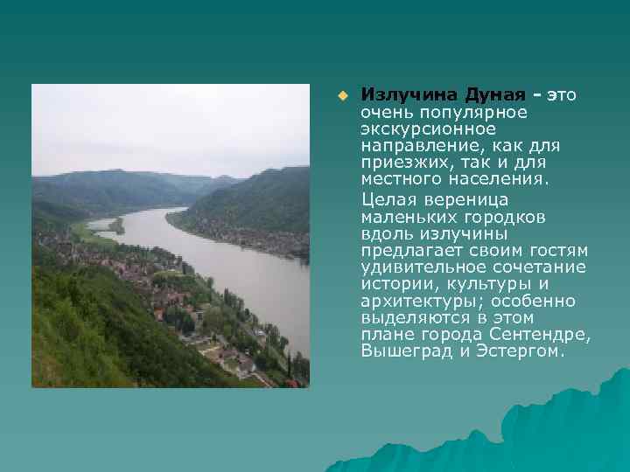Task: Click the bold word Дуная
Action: (495, 94)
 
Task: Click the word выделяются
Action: (410, 317)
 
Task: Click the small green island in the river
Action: (116, 226)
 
